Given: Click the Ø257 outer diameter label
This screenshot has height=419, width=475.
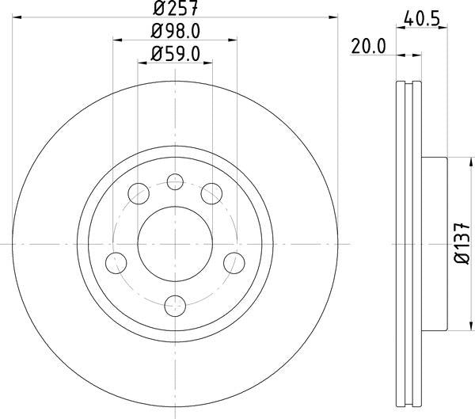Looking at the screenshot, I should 175,10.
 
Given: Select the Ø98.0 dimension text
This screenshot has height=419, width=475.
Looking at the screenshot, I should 175,32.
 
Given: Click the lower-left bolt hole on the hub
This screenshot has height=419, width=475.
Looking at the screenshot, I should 117,262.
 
